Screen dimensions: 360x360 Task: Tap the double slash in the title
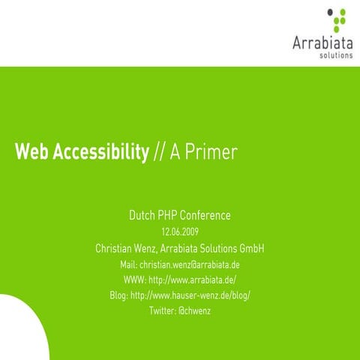(x=157, y=153)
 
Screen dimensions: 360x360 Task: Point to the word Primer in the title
(x=213, y=153)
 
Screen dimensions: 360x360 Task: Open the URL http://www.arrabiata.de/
(x=193, y=280)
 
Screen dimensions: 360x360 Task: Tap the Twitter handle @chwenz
(x=194, y=310)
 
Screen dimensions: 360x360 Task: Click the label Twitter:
(x=162, y=310)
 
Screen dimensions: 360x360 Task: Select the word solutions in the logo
(x=335, y=55)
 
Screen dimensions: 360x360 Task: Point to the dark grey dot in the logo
(x=331, y=11)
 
